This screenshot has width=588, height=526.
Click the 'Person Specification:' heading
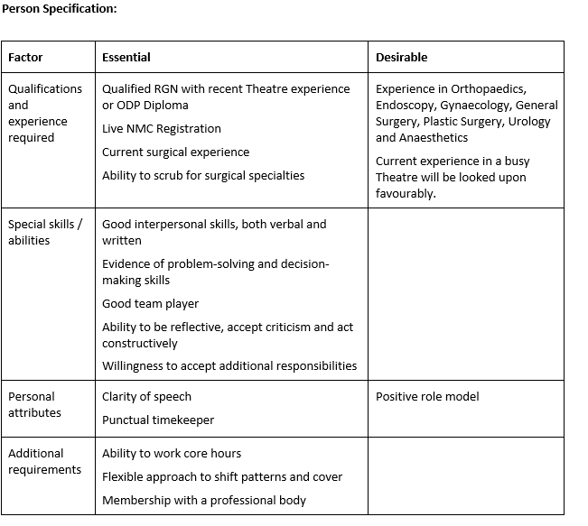tap(59, 9)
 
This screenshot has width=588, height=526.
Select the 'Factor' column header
tap(25, 57)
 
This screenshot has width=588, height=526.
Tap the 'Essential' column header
tap(126, 57)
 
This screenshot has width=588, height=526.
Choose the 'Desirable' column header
tap(402, 57)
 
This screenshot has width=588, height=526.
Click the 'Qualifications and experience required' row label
tap(45, 113)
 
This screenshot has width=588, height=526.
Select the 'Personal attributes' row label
tap(35, 404)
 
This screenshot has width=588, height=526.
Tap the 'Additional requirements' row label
tap(45, 461)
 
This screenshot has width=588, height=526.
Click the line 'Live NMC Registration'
tap(162, 129)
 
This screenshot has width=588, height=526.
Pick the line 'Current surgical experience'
tap(175, 152)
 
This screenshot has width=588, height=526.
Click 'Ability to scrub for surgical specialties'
tap(203, 175)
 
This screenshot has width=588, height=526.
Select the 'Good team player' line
tap(150, 304)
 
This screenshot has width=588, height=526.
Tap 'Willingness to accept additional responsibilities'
tap(229, 365)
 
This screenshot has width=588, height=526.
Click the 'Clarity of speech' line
tap(146, 396)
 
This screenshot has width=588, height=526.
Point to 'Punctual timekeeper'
tap(158, 420)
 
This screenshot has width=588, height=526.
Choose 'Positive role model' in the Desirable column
tap(427, 396)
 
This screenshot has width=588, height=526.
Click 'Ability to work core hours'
tap(172, 453)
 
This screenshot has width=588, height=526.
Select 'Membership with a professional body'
tap(204, 500)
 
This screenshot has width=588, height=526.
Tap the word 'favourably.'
tap(406, 193)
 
